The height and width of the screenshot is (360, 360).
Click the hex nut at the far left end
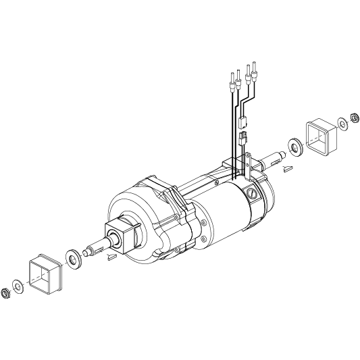tap(7, 292)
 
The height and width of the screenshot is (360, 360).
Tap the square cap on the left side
tap(46, 274)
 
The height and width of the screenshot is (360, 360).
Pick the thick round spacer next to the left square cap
tap(72, 257)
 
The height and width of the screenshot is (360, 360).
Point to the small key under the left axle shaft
tap(112, 257)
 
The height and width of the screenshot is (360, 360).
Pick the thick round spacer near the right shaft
tap(295, 145)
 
